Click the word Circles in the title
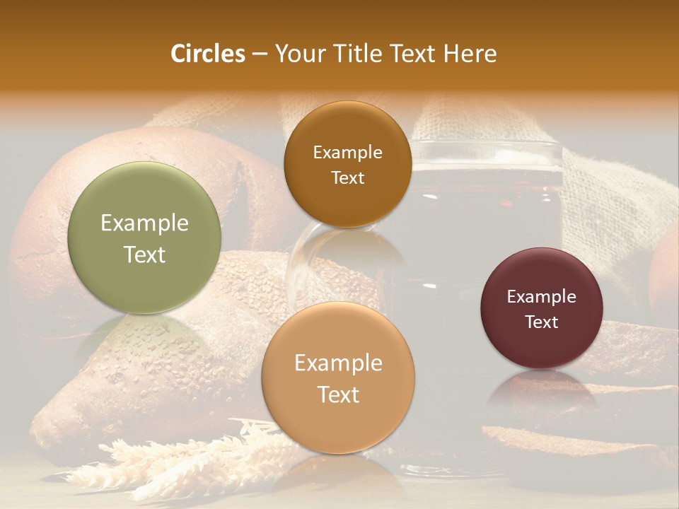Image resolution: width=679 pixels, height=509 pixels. [x=207, y=54]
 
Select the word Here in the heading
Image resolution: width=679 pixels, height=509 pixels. [x=470, y=54]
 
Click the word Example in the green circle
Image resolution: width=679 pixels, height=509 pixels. [x=144, y=223]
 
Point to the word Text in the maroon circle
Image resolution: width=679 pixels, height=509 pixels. [x=542, y=322]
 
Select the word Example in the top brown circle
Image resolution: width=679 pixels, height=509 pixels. [x=347, y=153]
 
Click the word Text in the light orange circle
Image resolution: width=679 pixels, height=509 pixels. [x=338, y=394]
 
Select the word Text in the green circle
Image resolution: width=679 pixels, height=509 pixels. [x=144, y=255]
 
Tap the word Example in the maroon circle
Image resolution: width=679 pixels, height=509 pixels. [x=541, y=297]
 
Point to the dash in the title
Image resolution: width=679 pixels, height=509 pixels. [x=260, y=54]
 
